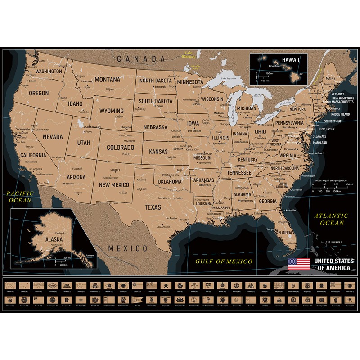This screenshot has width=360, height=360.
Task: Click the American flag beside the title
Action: click(x=299, y=264)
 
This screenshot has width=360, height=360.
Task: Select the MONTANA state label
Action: click(x=107, y=80)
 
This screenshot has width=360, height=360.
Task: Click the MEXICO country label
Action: click(x=128, y=248)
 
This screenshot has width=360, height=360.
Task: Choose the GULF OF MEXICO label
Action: click(x=224, y=261)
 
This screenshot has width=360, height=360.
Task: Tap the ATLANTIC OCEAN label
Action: click(x=331, y=219)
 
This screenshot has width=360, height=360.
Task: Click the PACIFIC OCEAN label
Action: click(x=17, y=197)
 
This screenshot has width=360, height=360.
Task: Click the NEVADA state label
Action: click(x=53, y=136)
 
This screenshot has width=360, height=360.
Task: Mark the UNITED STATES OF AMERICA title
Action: click(x=333, y=264)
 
